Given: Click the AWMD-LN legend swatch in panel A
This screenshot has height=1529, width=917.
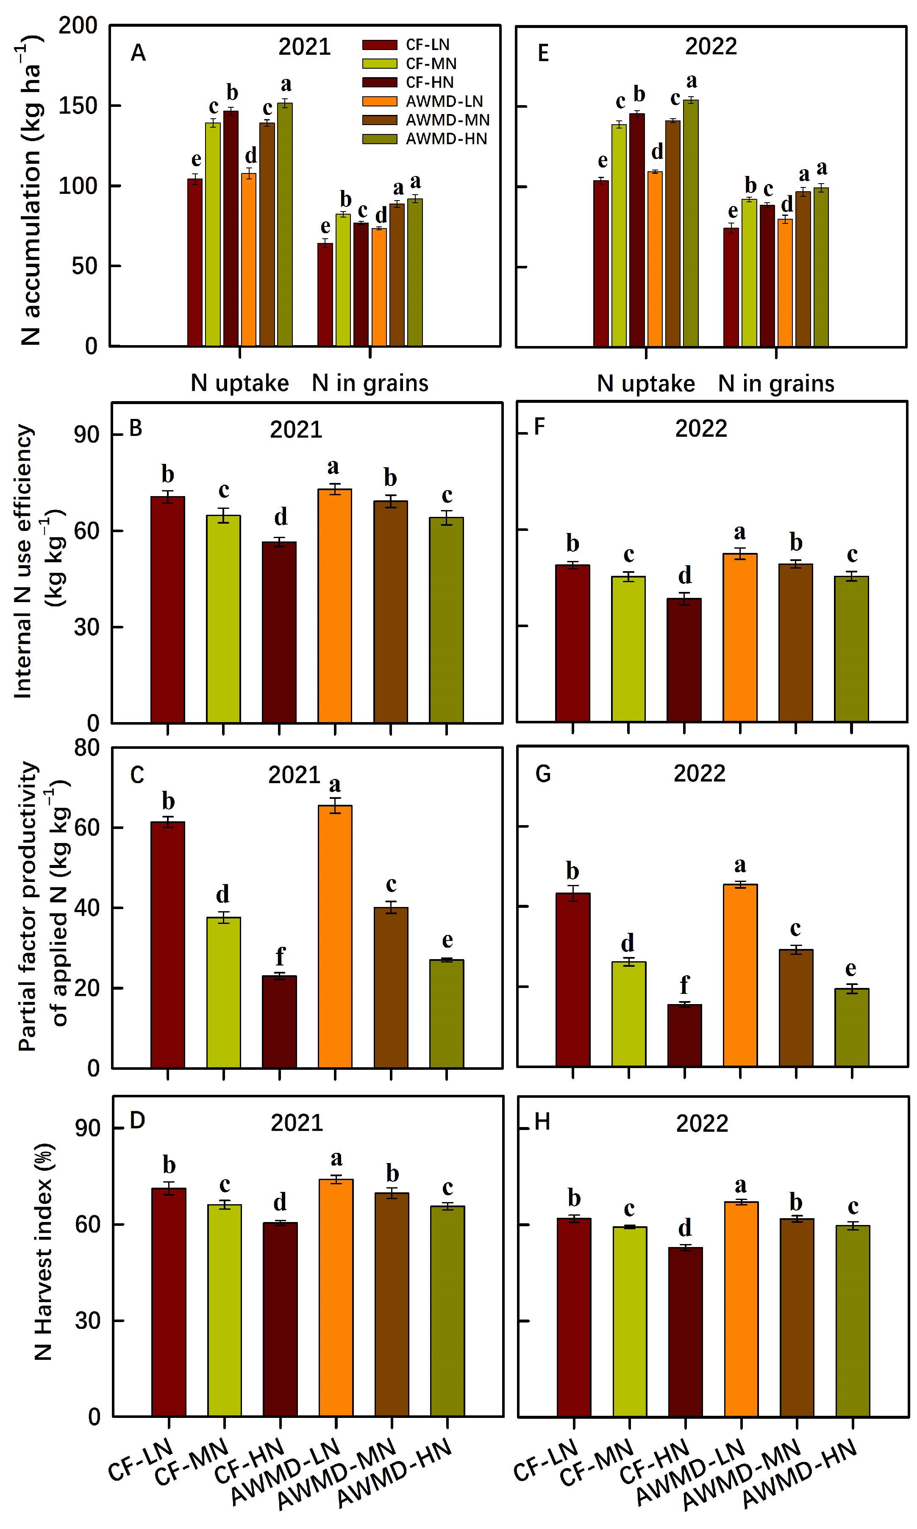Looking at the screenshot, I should (379, 101).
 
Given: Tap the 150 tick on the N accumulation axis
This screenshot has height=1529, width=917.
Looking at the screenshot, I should (78, 106).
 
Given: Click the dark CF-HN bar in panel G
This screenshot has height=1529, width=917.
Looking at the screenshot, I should (684, 1035).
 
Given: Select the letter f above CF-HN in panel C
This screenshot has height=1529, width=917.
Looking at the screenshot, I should (280, 956).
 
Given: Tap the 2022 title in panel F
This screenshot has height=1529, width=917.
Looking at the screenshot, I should (701, 428).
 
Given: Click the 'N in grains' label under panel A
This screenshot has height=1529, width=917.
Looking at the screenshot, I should (370, 383).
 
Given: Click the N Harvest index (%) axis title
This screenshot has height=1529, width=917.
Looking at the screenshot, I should (43, 1252).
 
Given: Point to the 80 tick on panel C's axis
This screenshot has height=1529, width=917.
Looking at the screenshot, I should (87, 748).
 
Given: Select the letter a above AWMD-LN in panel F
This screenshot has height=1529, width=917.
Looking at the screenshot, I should (739, 532).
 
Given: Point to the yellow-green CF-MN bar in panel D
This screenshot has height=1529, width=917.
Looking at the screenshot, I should (224, 1310).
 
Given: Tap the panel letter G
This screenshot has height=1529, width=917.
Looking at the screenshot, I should (542, 773).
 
